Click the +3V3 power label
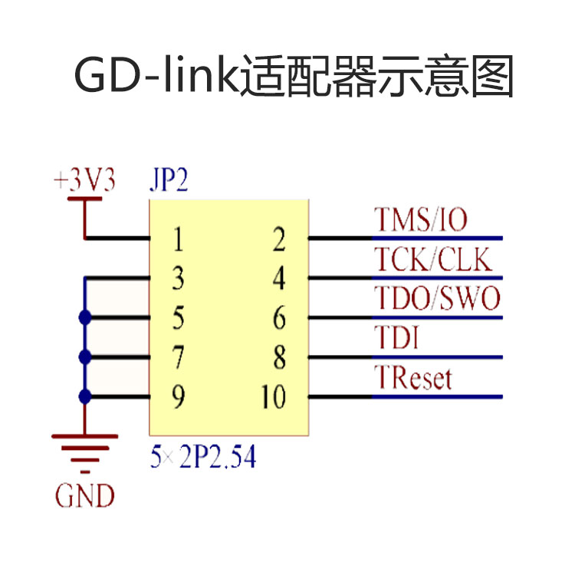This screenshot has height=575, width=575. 84,182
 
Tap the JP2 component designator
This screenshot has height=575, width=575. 168,182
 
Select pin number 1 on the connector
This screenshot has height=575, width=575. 178,241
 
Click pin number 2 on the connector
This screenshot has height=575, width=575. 278,241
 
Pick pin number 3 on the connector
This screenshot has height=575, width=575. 178,279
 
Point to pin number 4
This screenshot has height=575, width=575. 278,279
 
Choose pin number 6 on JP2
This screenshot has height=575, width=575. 278,317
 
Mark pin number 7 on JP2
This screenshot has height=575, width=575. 178,357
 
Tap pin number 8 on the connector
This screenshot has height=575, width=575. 278,357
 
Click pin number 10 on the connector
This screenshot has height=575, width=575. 273,397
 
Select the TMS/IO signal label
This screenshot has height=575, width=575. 420,220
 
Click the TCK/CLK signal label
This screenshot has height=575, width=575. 432,259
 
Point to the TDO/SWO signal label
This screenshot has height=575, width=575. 437,298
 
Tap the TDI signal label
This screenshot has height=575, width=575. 396,337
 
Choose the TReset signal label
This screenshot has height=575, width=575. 412,377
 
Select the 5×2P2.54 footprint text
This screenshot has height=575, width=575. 202,458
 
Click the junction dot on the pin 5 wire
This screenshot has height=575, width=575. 84,317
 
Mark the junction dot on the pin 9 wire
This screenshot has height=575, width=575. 84,396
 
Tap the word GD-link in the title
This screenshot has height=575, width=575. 155,77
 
